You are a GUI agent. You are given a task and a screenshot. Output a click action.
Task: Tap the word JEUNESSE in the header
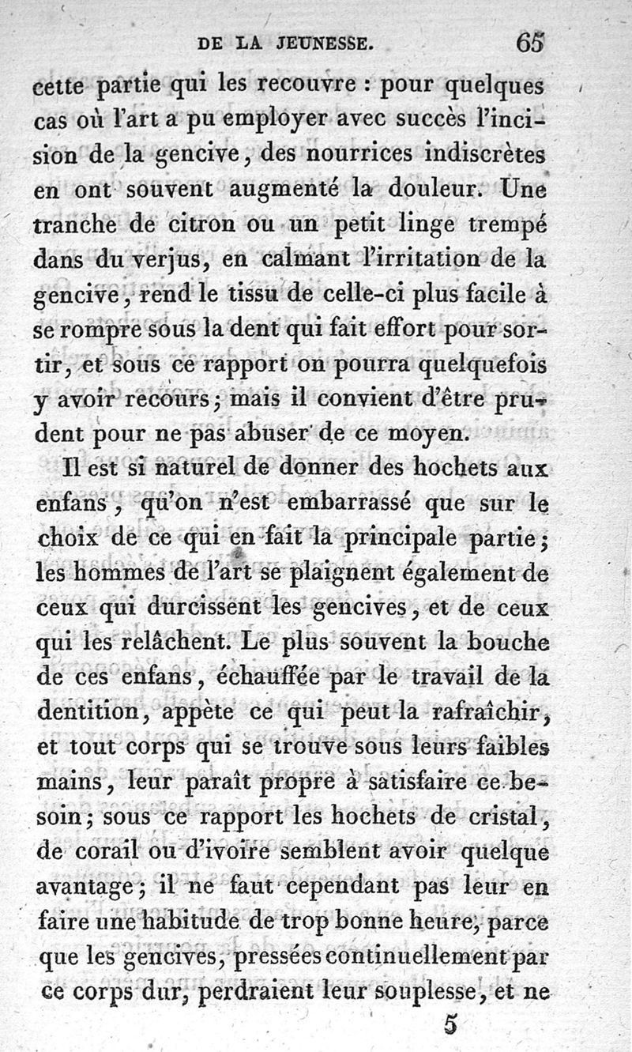[x=325, y=44]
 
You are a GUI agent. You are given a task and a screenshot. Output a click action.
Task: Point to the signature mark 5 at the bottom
[x=450, y=1024]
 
